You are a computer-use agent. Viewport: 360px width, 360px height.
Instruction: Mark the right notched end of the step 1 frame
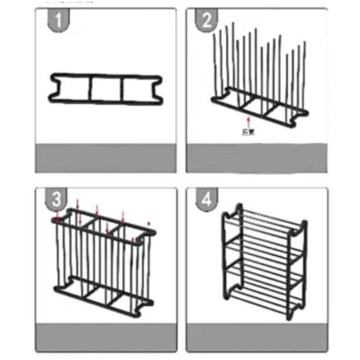(x=158, y=89)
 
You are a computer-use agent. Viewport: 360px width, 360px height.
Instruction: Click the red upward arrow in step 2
(x=248, y=121)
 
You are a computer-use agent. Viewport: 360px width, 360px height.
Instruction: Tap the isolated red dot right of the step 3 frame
(x=148, y=222)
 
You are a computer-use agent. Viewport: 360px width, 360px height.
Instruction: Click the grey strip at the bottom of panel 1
(x=105, y=158)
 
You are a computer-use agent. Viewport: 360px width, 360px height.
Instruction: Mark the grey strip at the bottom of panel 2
(x=256, y=158)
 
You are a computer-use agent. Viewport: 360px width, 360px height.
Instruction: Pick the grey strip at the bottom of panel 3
(x=105, y=337)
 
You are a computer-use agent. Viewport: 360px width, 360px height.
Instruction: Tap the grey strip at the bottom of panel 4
(x=256, y=337)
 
